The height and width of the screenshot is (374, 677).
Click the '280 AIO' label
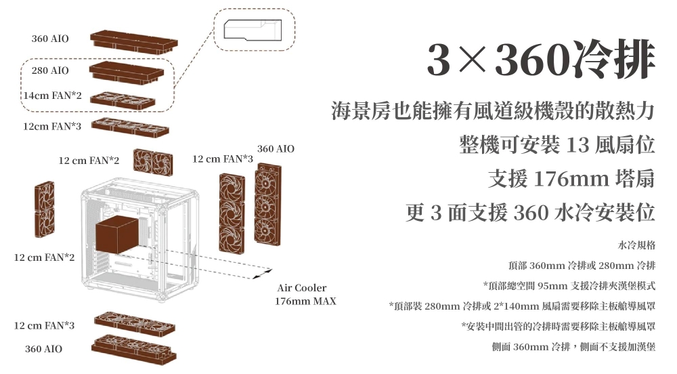[x=49, y=70]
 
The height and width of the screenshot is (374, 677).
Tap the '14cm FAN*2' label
[x=52, y=96]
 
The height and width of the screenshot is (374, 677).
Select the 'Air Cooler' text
[x=301, y=288]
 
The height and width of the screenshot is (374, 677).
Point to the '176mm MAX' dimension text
[x=305, y=301]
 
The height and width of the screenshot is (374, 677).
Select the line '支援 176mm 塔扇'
[x=571, y=179]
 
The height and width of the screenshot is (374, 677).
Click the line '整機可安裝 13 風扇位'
[x=556, y=144]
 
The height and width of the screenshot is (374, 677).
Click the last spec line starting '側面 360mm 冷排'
[x=573, y=347]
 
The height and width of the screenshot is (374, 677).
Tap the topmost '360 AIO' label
[x=49, y=39]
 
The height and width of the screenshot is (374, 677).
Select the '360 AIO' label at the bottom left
[x=43, y=348]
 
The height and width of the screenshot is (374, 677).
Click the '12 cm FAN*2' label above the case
[x=89, y=161]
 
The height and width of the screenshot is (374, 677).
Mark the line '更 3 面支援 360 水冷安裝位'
[x=530, y=213]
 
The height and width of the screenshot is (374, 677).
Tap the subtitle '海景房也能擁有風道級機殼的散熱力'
[x=493, y=110]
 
